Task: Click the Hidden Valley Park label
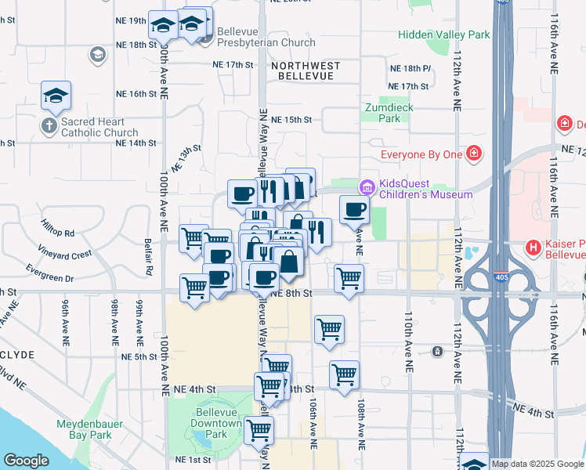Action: [x=443, y=34]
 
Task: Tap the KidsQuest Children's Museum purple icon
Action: [x=367, y=187]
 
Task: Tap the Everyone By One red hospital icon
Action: [x=472, y=154]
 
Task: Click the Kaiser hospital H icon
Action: [x=534, y=248]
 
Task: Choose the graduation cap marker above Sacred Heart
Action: [x=56, y=96]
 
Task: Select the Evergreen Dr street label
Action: [x=49, y=278]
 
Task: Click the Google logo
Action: [x=26, y=461]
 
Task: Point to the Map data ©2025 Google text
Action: [x=537, y=464]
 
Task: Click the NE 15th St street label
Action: [x=291, y=120]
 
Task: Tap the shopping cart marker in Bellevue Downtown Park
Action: [x=259, y=429]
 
